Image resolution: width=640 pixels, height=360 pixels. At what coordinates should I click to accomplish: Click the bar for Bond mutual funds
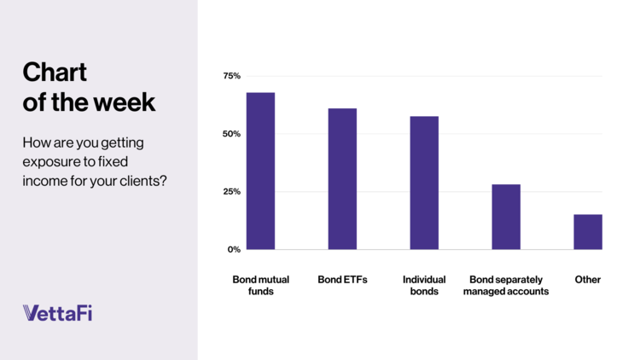click(x=260, y=171)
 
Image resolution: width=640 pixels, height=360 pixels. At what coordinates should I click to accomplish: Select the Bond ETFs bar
click(x=342, y=179)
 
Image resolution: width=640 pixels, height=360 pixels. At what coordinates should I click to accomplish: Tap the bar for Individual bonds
click(x=424, y=183)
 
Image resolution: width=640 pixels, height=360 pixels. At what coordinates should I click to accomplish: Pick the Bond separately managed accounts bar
click(x=506, y=217)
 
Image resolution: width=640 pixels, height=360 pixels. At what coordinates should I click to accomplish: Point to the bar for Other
click(x=588, y=232)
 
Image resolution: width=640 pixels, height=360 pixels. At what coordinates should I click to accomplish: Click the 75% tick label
click(x=231, y=77)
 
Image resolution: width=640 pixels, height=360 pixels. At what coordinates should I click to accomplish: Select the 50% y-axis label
click(x=231, y=134)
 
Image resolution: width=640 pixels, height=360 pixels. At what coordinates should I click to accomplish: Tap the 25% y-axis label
click(x=231, y=192)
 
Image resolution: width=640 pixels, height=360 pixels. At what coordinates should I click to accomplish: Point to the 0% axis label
click(x=234, y=249)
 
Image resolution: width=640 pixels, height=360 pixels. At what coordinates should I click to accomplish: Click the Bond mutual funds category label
click(x=260, y=285)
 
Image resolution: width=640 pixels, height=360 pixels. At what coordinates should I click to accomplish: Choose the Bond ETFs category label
click(x=342, y=280)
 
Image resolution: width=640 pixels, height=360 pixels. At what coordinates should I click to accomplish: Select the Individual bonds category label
click(x=424, y=285)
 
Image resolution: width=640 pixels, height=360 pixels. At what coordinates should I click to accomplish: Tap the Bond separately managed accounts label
click(x=509, y=285)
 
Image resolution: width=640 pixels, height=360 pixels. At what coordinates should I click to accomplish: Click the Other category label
click(x=588, y=280)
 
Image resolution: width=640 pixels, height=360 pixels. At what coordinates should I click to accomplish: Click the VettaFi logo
click(x=57, y=312)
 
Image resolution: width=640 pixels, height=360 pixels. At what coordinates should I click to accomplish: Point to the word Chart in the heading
click(x=55, y=73)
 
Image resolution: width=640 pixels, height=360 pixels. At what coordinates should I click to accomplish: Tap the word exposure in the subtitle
click(x=49, y=160)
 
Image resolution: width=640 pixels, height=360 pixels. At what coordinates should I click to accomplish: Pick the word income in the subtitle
click(x=44, y=180)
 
